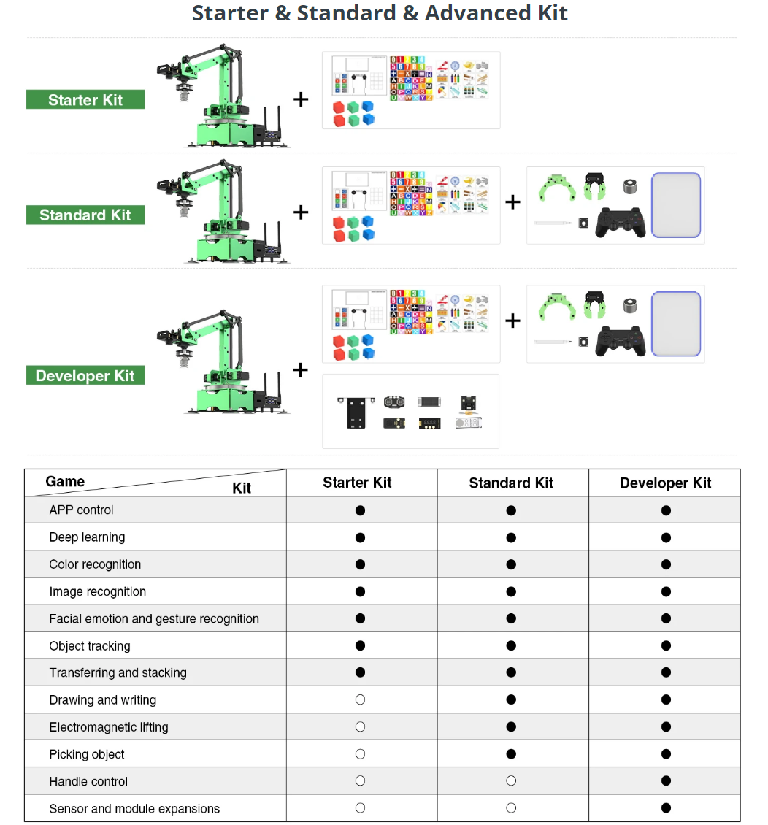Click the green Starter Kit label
pyautogui.click(x=85, y=100)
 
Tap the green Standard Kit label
pyautogui.click(x=85, y=215)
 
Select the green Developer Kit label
pyautogui.click(x=85, y=376)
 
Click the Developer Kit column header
pyautogui.click(x=665, y=483)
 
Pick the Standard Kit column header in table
pyautogui.click(x=511, y=483)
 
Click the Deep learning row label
pyautogui.click(x=87, y=537)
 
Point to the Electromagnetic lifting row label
pyautogui.click(x=109, y=727)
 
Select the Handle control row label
pyautogui.click(x=88, y=781)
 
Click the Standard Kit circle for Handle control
pyautogui.click(x=511, y=781)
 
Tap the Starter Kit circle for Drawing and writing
pyautogui.click(x=360, y=699)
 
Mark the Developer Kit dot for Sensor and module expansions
pyautogui.click(x=666, y=808)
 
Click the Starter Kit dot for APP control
pyautogui.click(x=360, y=510)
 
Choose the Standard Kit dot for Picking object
pyautogui.click(x=511, y=754)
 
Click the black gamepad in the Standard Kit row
pyautogui.click(x=621, y=222)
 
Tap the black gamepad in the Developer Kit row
pyautogui.click(x=621, y=341)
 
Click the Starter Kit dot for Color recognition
pyautogui.click(x=360, y=564)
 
